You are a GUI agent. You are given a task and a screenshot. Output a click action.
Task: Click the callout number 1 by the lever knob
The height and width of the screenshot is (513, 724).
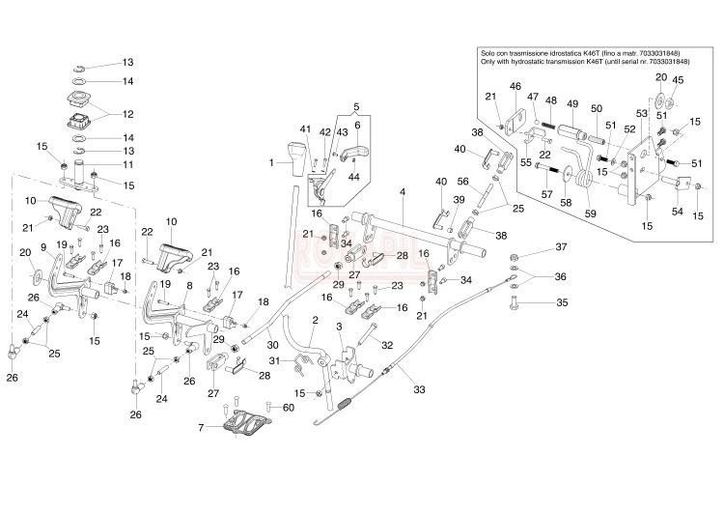(x=272, y=163)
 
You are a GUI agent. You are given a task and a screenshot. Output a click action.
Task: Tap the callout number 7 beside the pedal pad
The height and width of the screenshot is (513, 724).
(x=200, y=426)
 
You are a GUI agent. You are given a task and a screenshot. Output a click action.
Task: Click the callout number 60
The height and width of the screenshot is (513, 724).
(x=288, y=407)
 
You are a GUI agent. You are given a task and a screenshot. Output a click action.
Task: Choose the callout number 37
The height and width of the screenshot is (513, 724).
(x=559, y=248)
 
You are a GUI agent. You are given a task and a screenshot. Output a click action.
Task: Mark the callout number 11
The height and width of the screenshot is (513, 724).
(x=127, y=164)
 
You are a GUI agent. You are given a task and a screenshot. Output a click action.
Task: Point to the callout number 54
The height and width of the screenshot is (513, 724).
(x=677, y=211)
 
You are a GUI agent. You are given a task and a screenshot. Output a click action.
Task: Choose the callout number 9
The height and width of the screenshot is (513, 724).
(x=43, y=247)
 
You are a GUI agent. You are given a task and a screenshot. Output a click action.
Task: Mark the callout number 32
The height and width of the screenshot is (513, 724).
(x=386, y=344)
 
